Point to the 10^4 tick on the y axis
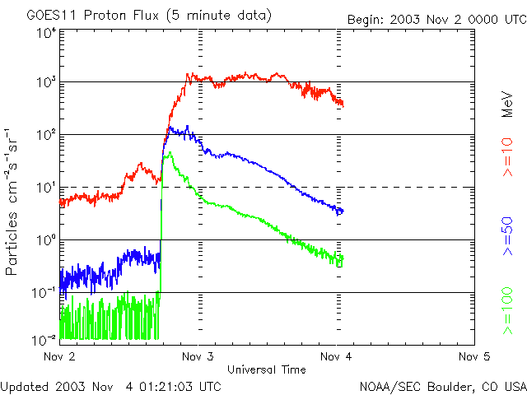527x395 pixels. (45, 33)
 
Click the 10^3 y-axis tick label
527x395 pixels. (45, 82)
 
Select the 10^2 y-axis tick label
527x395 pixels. (45, 134)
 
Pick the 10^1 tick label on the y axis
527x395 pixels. (45, 187)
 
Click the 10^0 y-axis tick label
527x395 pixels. (45, 239)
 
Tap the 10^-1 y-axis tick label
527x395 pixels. (44, 292)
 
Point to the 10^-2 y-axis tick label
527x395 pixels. (44, 338)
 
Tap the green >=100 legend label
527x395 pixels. (508, 309)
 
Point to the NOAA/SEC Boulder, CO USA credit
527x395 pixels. (442, 386)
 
